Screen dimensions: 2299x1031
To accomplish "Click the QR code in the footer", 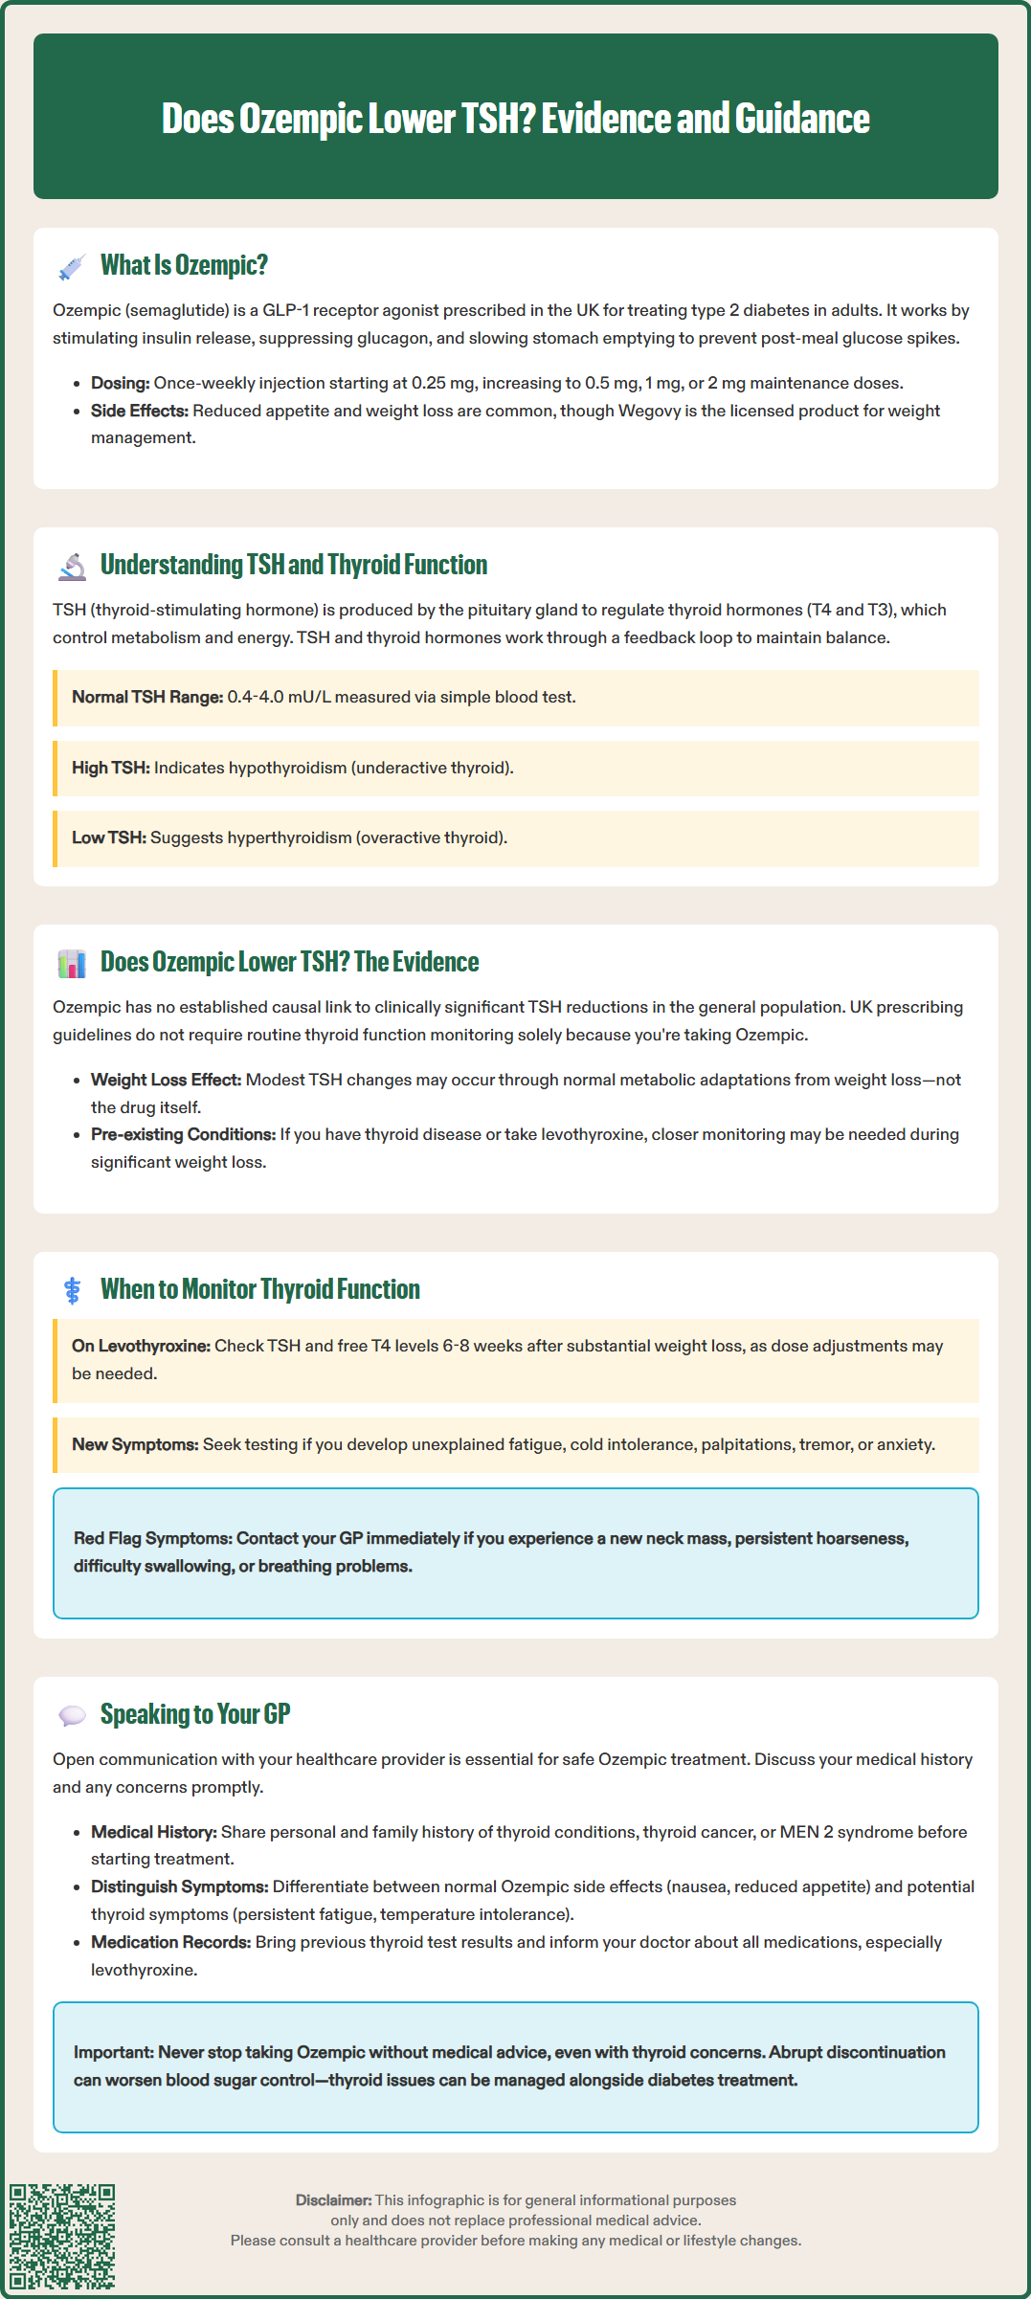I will point(62,2236).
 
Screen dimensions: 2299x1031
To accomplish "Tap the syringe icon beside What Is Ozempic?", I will point(72,267).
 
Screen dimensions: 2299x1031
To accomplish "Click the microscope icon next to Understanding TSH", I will point(72,567).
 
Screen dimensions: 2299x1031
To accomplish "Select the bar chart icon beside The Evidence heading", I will point(72,964).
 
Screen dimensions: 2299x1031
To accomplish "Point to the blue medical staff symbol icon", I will point(72,1291).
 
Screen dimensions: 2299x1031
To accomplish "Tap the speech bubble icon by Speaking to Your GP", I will point(72,1716).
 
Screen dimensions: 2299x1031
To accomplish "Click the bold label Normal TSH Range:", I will point(147,698).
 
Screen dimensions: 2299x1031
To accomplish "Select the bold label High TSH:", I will point(111,769).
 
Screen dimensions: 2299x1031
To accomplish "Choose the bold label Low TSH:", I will point(109,838).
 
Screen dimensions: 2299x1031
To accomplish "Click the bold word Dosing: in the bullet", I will point(121,384).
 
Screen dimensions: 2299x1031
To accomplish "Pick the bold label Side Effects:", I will point(140,412).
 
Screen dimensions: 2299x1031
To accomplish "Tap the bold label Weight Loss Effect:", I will point(167,1081).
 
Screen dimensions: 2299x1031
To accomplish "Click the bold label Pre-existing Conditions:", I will point(183,1135).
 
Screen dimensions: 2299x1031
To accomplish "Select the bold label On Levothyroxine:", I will point(141,1347).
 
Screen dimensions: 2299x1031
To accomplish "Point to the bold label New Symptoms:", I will point(135,1445).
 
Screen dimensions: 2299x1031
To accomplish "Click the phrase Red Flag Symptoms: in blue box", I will point(153,1539).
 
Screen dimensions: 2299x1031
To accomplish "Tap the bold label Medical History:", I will point(154,1833).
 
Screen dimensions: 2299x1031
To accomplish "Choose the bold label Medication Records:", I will point(171,1943).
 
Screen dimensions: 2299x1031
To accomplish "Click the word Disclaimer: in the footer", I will point(333,2200).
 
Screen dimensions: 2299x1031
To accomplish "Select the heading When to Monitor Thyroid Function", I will point(260,1290).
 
